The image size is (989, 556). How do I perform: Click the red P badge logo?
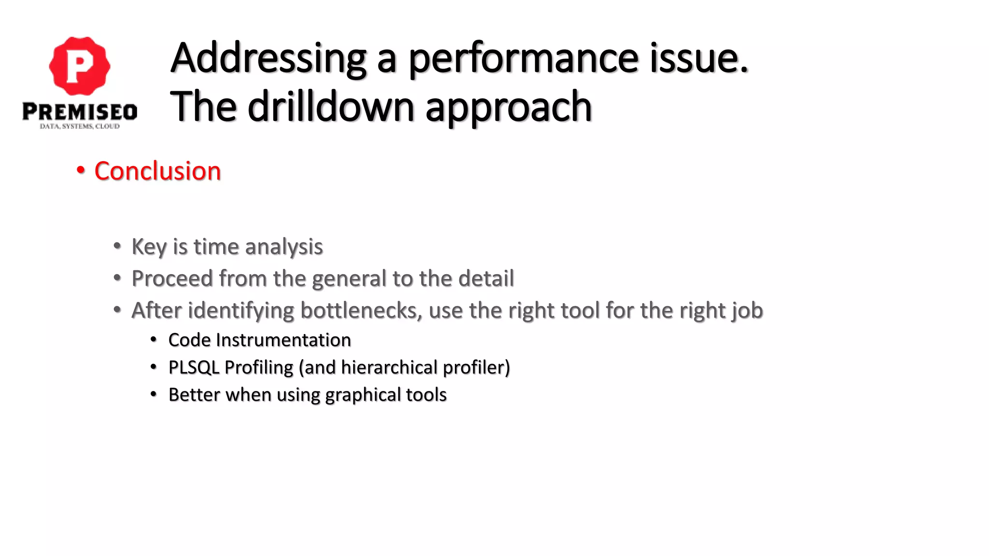[x=80, y=66]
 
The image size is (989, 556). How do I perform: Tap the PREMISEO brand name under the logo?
[x=80, y=111]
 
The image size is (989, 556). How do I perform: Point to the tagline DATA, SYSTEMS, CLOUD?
[x=80, y=126]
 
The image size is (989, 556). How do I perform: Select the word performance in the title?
[x=523, y=59]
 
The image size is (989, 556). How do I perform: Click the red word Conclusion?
[x=157, y=171]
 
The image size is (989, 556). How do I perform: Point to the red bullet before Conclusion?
[x=81, y=170]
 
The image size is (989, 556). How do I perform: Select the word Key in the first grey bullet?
[x=149, y=247]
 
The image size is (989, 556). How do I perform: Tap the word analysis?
[x=284, y=247]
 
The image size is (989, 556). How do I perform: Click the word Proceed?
[x=172, y=278]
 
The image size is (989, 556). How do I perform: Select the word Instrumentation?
[x=283, y=340]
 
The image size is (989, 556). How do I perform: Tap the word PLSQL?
[x=194, y=368]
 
